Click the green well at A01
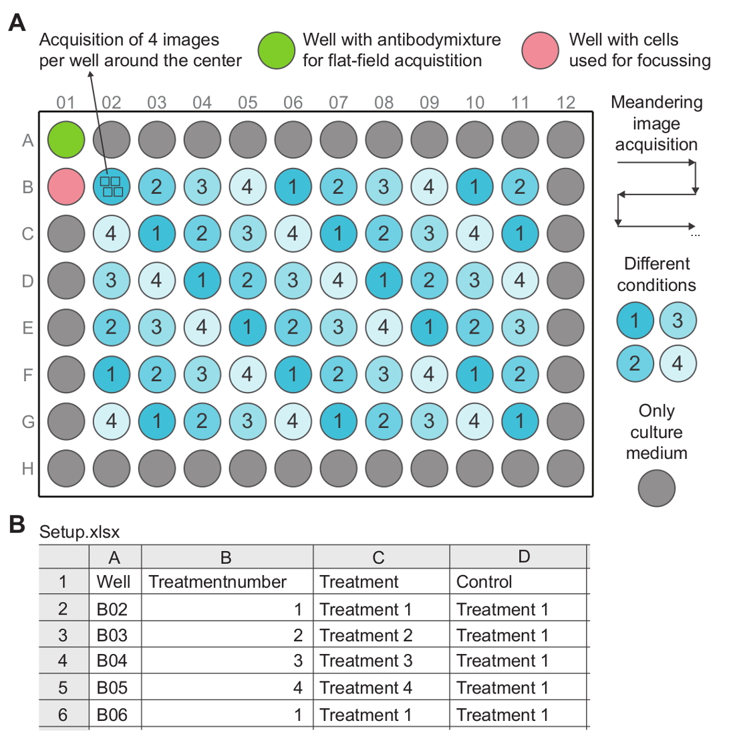(66, 140)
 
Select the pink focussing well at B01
(66, 187)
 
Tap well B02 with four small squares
(112, 187)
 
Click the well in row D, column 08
(384, 280)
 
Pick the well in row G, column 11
(520, 421)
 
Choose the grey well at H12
(565, 468)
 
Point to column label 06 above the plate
(293, 102)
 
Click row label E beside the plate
(27, 328)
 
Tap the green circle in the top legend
(276, 50)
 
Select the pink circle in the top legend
(540, 50)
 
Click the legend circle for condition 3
(678, 321)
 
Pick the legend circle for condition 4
(678, 363)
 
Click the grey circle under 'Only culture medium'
(656, 488)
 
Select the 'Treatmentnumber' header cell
(217, 582)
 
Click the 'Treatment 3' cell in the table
(365, 661)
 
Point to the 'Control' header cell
(484, 582)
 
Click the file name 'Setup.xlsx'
(80, 532)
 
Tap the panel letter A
(17, 23)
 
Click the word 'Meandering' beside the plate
(656, 102)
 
